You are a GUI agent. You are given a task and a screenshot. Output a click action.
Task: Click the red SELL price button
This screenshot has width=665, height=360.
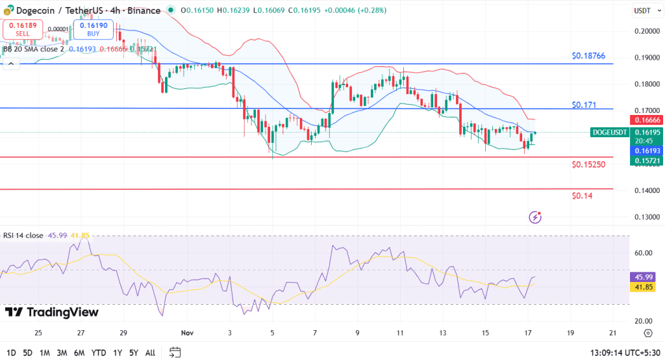pyautogui.click(x=23, y=29)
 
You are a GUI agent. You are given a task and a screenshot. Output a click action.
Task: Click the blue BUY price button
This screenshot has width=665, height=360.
pyautogui.click(x=94, y=29)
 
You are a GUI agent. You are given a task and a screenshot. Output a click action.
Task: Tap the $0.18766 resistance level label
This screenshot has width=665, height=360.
pyautogui.click(x=588, y=56)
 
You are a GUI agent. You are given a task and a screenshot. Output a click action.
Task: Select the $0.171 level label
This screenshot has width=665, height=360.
pyautogui.click(x=584, y=105)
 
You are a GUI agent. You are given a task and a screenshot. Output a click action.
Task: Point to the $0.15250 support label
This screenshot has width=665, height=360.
pyautogui.click(x=588, y=164)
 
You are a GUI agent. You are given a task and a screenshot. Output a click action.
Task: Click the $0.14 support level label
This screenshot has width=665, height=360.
pyautogui.click(x=583, y=196)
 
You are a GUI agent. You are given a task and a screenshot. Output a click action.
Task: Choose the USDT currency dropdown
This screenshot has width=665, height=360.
pyautogui.click(x=646, y=10)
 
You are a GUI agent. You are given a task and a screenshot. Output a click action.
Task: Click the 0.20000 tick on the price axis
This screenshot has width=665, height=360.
pyautogui.click(x=647, y=31)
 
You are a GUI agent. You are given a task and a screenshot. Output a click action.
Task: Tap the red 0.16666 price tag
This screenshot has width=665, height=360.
pyautogui.click(x=647, y=120)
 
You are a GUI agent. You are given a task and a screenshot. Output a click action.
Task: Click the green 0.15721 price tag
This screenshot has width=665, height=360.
pyautogui.click(x=647, y=160)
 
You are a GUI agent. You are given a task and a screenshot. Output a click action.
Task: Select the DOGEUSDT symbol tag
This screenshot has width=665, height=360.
pyautogui.click(x=610, y=133)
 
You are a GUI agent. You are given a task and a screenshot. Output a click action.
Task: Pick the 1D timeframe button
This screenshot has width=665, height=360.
pyautogui.click(x=11, y=352)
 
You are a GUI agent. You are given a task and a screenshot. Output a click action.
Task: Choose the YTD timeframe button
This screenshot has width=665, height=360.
pyautogui.click(x=99, y=352)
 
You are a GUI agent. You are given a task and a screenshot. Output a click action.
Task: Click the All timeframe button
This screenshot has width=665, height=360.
pyautogui.click(x=149, y=352)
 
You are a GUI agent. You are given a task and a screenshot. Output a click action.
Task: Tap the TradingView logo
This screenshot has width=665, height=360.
pyautogui.click(x=52, y=313)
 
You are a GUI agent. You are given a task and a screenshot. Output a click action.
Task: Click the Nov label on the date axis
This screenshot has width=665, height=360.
pyautogui.click(x=187, y=333)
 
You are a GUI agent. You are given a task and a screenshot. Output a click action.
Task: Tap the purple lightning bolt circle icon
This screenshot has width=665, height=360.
pyautogui.click(x=535, y=217)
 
